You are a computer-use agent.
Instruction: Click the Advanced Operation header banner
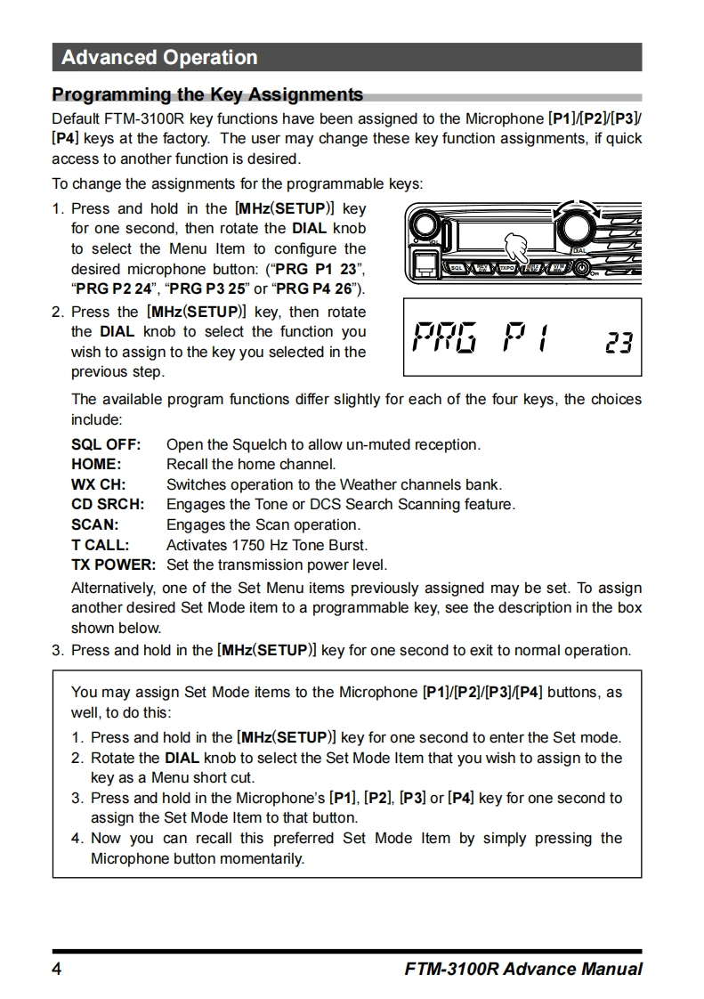(x=346, y=58)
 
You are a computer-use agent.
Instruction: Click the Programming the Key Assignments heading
(x=207, y=94)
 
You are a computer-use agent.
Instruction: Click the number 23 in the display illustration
(x=618, y=342)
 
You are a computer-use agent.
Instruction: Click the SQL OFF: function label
(x=106, y=444)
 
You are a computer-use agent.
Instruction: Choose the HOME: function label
(x=96, y=464)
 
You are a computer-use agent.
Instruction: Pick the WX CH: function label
(x=98, y=484)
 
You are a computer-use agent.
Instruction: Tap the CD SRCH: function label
(x=107, y=505)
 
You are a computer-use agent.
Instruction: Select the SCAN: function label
(x=94, y=525)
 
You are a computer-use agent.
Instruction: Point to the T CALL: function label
(x=100, y=545)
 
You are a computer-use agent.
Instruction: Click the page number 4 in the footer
(x=57, y=970)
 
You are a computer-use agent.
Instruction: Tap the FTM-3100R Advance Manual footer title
(x=522, y=970)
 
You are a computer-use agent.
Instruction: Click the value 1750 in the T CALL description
(x=247, y=545)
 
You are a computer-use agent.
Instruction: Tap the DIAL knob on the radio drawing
(x=579, y=222)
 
